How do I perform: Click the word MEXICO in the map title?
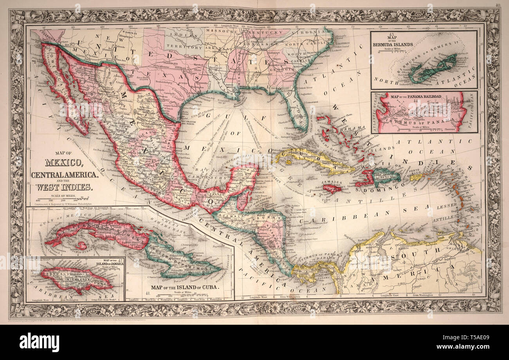pos(63,162)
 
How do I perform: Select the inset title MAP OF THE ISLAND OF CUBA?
pos(185,286)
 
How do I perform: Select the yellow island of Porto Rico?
pos(416,177)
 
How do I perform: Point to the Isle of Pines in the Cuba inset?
pos(81,246)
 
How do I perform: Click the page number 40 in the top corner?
pos(497,5)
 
